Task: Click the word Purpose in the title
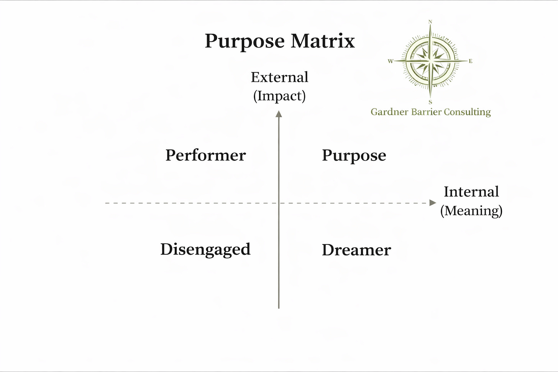coord(245,41)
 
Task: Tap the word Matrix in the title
coord(323,41)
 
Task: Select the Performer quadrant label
coord(205,155)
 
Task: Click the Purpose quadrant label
coord(354,156)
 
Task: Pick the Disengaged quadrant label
coord(205,249)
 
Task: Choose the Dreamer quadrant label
coord(356,250)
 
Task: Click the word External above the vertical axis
coord(279,77)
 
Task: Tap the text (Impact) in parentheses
coord(279,96)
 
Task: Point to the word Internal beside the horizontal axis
coord(471,192)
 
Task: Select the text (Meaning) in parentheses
coord(471,210)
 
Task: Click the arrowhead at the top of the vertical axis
coord(279,114)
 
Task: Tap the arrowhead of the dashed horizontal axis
coord(433,203)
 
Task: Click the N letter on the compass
coord(430,22)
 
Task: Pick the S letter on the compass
coord(430,102)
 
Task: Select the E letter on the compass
coord(471,61)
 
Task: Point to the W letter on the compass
coord(391,61)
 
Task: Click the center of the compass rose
coord(430,61)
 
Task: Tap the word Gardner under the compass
coord(389,112)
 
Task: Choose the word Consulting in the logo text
coord(467,112)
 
